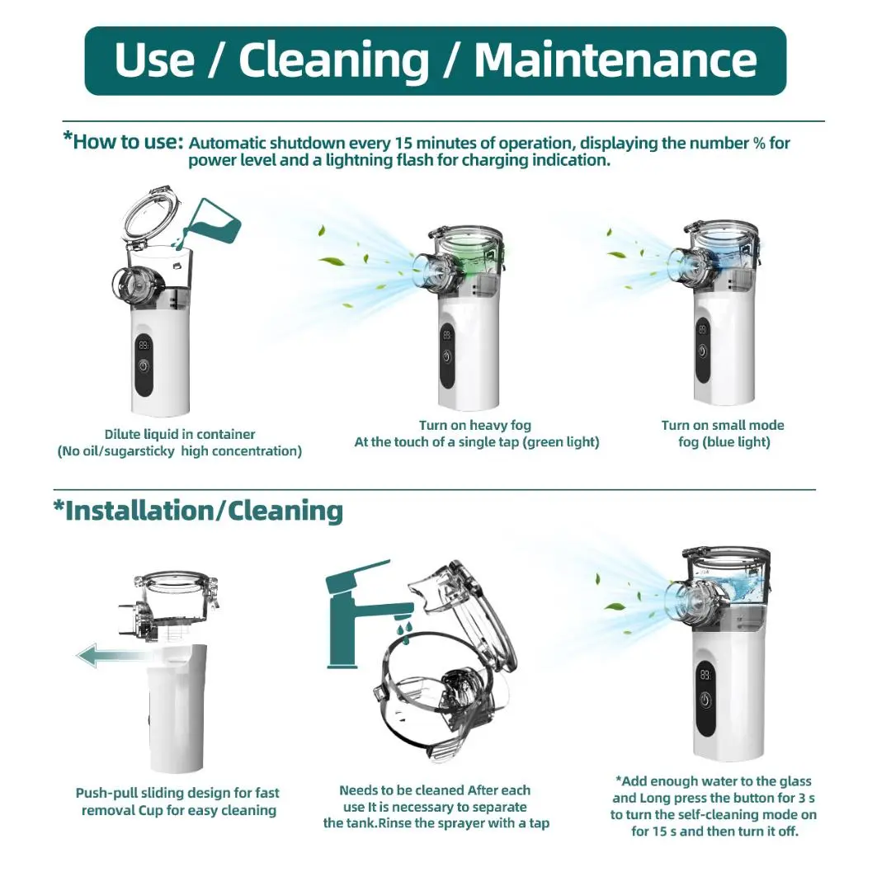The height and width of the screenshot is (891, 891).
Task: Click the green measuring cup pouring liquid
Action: tap(211, 222)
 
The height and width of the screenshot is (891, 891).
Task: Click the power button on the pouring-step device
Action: tap(144, 366)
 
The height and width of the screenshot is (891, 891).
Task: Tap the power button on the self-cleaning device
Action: tap(705, 700)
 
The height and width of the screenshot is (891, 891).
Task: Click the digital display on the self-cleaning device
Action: tap(705, 675)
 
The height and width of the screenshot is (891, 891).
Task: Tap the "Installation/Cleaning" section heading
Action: tap(198, 511)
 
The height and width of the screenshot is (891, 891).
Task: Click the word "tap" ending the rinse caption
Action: tap(540, 823)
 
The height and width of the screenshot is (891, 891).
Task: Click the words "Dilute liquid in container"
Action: tap(180, 434)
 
